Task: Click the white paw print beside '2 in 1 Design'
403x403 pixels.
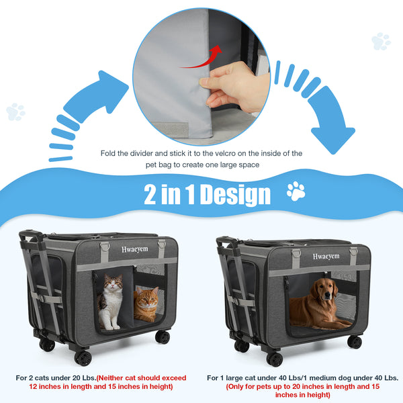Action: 296,191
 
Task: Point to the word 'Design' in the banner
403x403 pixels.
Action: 235,195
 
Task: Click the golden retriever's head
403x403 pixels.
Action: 324,289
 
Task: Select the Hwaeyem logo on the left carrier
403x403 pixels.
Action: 135,249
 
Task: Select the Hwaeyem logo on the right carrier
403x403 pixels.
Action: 326,257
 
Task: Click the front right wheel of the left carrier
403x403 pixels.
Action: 163,337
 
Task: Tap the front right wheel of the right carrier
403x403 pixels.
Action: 355,342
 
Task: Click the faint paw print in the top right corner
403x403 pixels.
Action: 381,41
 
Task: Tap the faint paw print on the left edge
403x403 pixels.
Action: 15,111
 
